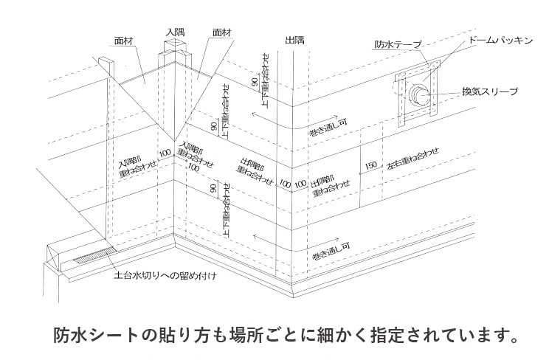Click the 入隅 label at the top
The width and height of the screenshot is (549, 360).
coord(176,32)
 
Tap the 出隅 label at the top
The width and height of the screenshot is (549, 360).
coord(294,41)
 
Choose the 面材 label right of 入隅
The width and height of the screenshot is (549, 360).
coord(222,32)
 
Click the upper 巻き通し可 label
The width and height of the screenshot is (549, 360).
coord(328,125)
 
